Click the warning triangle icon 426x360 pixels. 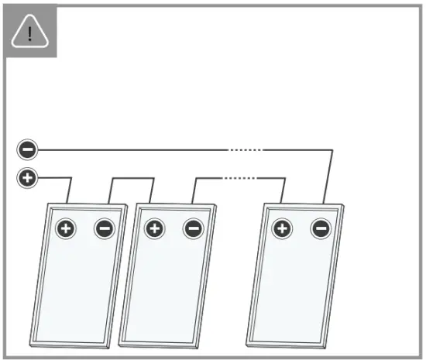(x=30, y=33)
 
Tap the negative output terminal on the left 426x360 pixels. (x=27, y=149)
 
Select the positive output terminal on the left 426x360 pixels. (x=27, y=179)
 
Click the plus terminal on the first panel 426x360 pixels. (x=66, y=228)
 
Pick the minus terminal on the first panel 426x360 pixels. (x=104, y=228)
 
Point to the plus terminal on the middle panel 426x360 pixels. (x=155, y=228)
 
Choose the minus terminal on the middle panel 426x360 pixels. (x=193, y=228)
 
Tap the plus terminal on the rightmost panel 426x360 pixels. (x=283, y=228)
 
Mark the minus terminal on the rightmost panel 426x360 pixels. (x=321, y=228)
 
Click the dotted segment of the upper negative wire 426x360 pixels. (x=243, y=149)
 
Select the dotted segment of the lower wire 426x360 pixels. (x=240, y=179)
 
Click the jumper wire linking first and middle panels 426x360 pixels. (x=132, y=180)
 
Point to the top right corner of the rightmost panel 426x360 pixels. (x=342, y=206)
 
